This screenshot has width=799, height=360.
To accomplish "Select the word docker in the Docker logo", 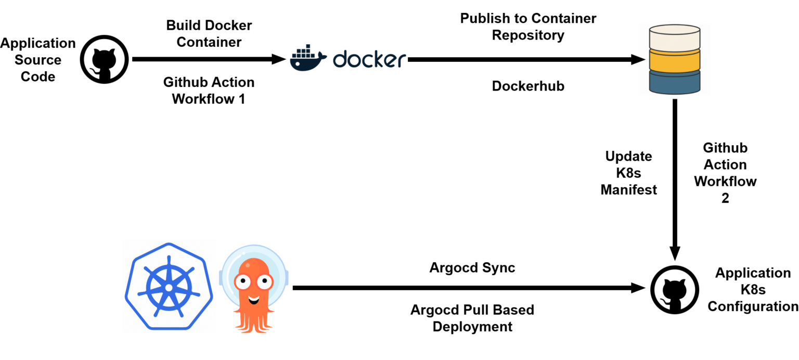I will [x=368, y=59].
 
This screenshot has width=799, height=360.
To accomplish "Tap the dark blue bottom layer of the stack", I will [x=675, y=82].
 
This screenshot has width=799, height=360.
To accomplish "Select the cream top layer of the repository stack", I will [x=675, y=38].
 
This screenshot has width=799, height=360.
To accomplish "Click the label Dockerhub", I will [x=528, y=86].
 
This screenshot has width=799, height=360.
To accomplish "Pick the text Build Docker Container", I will [x=209, y=34].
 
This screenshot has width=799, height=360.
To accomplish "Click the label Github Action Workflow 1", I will [x=209, y=91].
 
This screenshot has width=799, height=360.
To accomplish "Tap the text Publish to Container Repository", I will [x=528, y=27].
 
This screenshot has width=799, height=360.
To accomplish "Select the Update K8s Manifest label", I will [x=628, y=173].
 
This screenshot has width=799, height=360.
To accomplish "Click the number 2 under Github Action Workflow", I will [x=725, y=198].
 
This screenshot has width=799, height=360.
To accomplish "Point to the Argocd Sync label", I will [x=472, y=268].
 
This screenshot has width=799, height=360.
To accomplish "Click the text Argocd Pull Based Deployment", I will [x=472, y=318].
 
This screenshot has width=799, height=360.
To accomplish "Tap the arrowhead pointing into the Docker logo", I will [x=279, y=59].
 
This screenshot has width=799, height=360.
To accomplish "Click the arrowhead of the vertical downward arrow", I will [x=675, y=253].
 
